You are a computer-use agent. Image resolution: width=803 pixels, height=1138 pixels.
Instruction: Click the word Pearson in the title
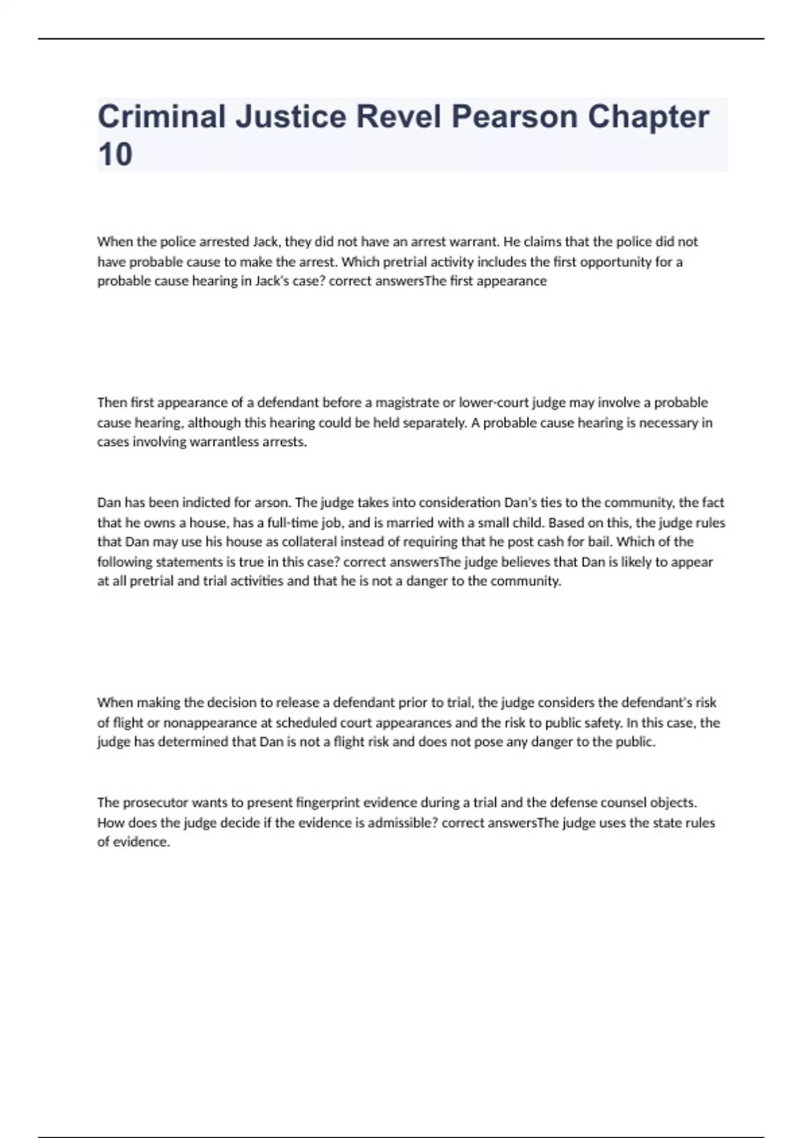[514, 117]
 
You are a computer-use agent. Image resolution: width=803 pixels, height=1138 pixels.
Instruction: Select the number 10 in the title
[115, 155]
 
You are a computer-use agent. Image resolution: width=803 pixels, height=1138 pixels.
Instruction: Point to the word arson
[272, 502]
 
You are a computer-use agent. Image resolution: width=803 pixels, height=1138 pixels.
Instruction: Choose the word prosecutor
[155, 802]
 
